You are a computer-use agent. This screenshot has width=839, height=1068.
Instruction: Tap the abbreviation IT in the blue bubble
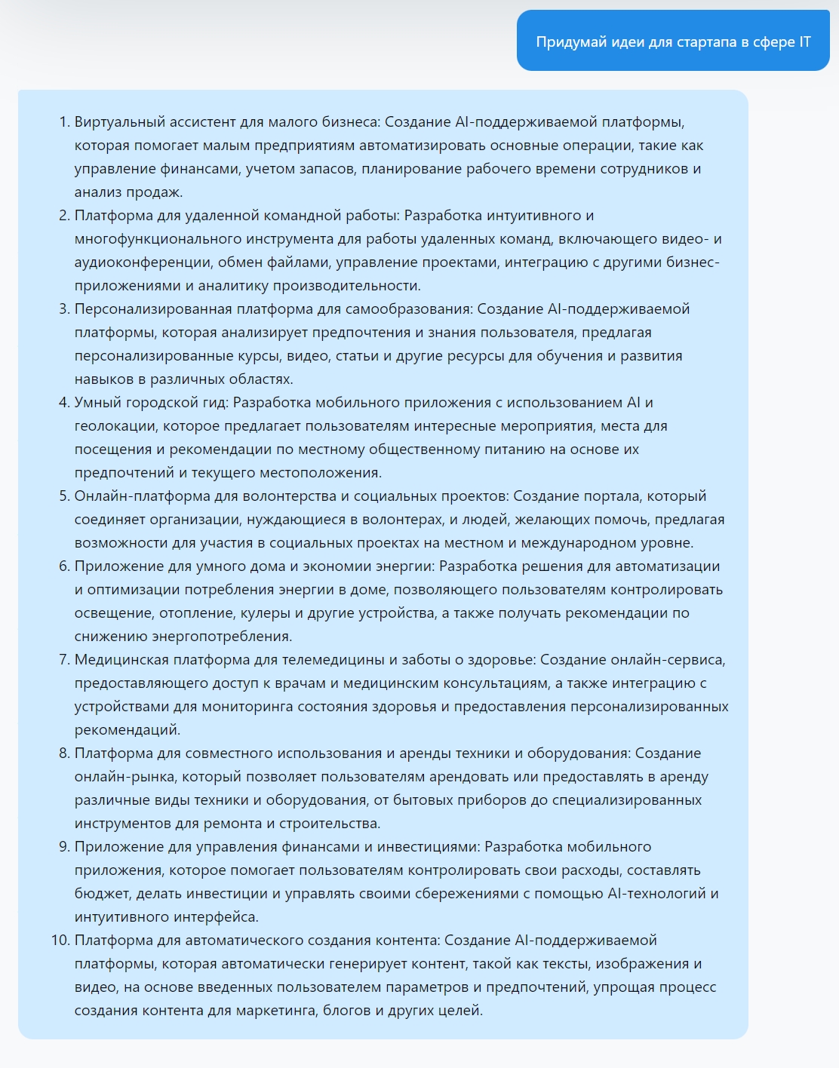point(805,41)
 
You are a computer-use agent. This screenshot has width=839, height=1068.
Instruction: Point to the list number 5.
point(63,496)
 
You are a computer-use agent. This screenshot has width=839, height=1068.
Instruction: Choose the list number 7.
point(63,660)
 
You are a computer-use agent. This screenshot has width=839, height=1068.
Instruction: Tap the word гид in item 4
point(214,403)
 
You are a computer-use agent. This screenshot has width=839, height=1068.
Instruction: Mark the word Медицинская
point(121,660)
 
